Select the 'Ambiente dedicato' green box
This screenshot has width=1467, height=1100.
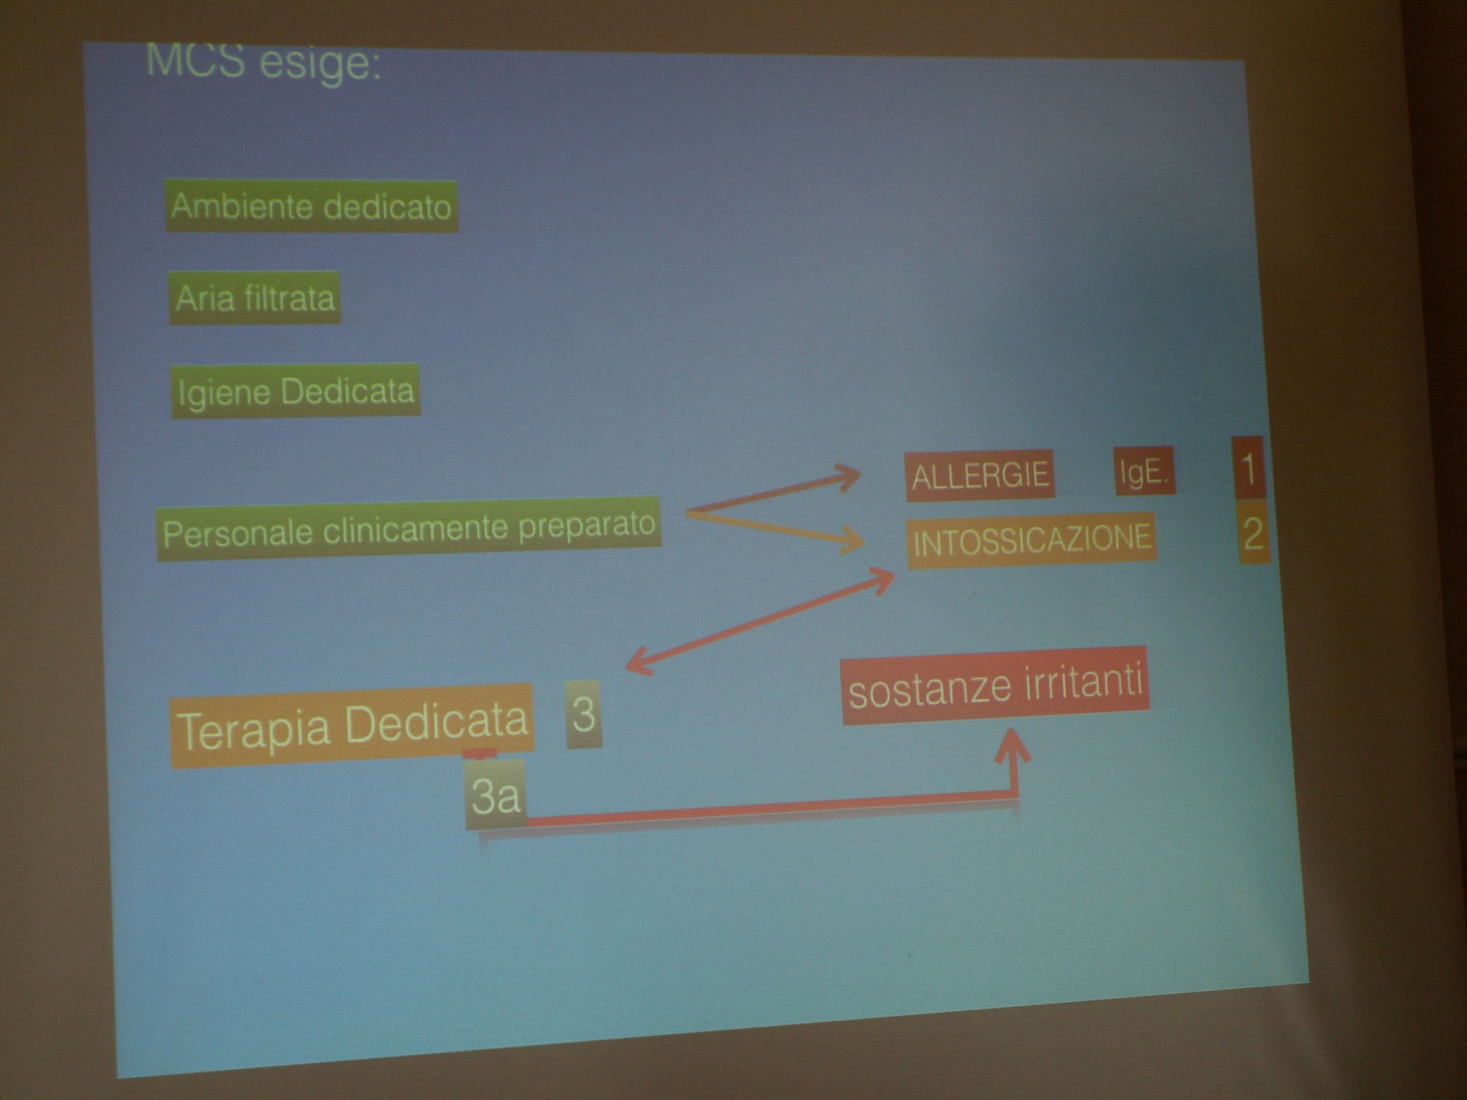click(x=312, y=206)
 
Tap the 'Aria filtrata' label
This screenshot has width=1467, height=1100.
click(x=255, y=297)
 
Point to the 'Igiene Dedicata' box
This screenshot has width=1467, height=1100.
click(x=295, y=391)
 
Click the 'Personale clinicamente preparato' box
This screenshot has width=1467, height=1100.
click(x=408, y=529)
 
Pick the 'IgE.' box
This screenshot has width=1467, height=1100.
click(x=1144, y=473)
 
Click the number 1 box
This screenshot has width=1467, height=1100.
click(x=1249, y=468)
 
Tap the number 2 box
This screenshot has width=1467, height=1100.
click(x=1253, y=534)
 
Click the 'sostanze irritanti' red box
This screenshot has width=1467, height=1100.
click(x=996, y=685)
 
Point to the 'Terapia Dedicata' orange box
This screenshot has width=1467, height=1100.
click(x=352, y=725)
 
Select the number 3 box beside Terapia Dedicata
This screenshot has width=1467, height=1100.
click(x=584, y=714)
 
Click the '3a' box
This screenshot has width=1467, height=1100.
click(x=495, y=796)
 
